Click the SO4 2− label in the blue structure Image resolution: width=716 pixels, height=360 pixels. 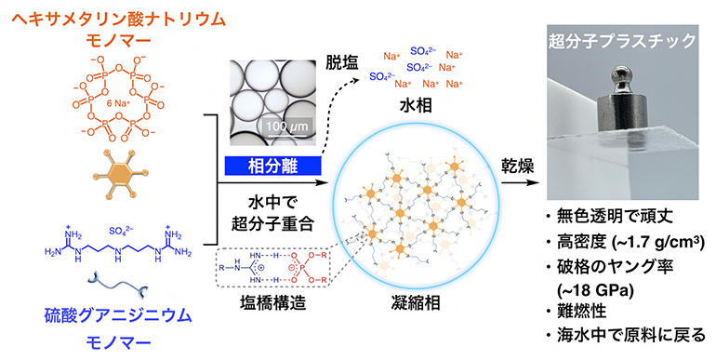(x=125, y=228)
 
